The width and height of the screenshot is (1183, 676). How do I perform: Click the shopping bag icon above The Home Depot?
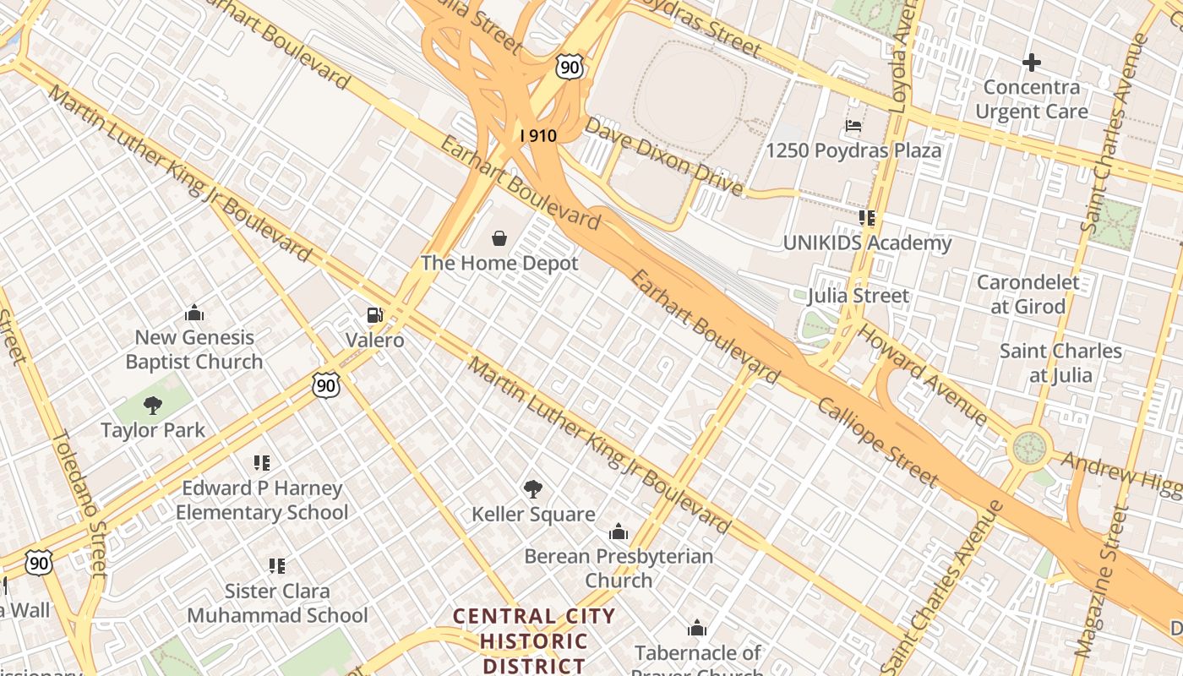(x=499, y=238)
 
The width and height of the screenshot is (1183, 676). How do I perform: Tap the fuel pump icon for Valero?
(x=374, y=315)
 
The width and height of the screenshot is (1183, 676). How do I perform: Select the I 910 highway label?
(x=538, y=134)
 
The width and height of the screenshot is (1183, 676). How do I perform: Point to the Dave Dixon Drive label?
(x=663, y=156)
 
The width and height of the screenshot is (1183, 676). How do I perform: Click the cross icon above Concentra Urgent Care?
(x=1031, y=62)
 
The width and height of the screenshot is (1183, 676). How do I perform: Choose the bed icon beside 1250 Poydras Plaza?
(x=853, y=127)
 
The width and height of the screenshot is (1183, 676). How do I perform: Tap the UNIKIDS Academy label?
(x=867, y=243)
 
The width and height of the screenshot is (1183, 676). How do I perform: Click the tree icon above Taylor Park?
(x=153, y=406)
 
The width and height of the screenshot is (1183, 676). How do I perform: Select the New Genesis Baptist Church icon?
(x=194, y=313)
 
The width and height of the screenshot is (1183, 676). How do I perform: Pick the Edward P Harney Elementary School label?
(x=261, y=500)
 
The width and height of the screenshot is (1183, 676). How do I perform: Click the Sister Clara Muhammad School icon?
(x=277, y=565)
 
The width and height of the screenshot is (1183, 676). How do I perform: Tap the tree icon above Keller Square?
(x=532, y=488)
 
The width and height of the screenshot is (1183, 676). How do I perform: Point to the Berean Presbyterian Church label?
(x=619, y=568)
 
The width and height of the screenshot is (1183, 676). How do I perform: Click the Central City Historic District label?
(x=534, y=641)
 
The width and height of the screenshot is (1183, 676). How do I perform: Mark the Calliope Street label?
(x=877, y=442)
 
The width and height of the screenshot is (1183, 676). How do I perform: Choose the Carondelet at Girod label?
(x=1028, y=294)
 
